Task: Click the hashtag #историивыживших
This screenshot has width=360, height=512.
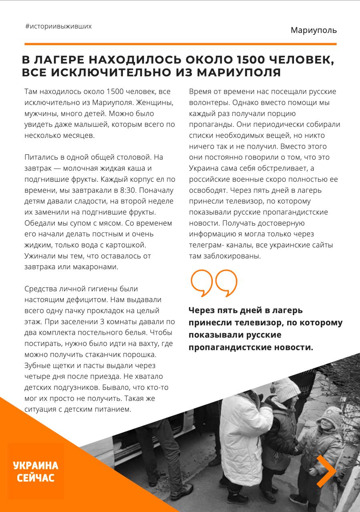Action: point(58,26)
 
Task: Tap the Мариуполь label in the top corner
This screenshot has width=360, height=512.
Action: point(314,30)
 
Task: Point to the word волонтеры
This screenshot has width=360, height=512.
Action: point(208,102)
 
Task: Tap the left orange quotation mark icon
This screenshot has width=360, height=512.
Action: point(202,283)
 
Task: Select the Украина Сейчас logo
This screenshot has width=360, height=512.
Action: point(35,472)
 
